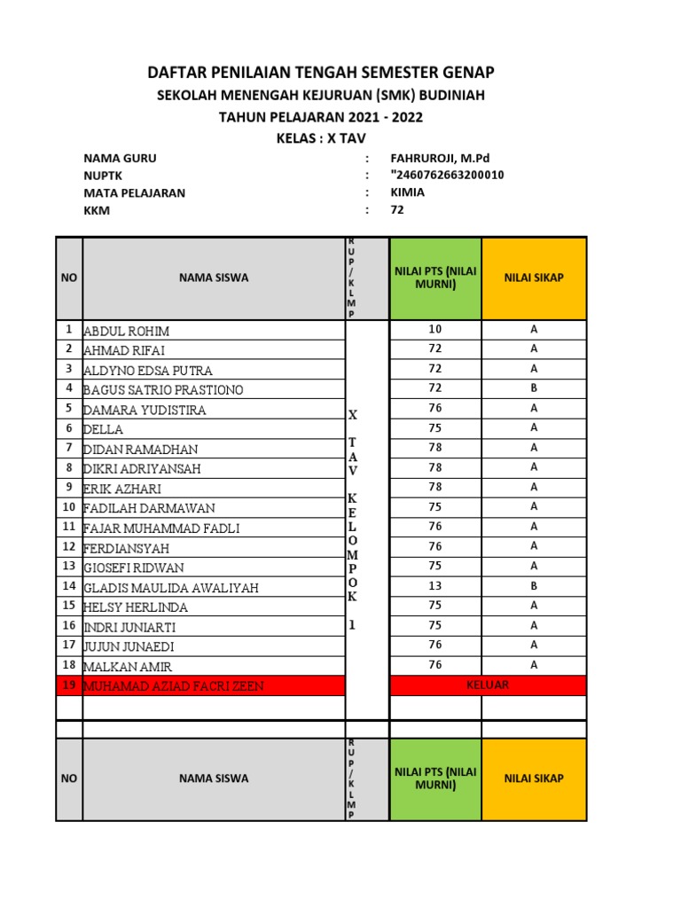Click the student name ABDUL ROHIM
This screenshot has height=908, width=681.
click(x=126, y=331)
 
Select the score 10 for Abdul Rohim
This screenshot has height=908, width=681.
click(x=434, y=329)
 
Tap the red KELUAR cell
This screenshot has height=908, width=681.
click(x=488, y=685)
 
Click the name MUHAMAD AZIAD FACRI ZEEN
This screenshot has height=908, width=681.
click(x=173, y=685)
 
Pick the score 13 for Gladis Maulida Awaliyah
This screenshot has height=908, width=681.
click(x=434, y=585)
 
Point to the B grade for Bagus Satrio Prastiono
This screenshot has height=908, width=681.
click(x=534, y=388)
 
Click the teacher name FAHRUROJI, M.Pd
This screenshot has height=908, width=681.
click(x=440, y=158)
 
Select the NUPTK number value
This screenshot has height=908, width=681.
click(x=447, y=175)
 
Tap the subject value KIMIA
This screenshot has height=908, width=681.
click(x=407, y=192)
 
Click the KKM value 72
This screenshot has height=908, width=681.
click(x=397, y=210)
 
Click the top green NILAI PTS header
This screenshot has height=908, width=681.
click(x=434, y=278)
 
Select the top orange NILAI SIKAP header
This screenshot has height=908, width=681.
click(x=534, y=278)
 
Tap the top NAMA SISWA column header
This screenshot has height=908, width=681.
click(x=214, y=278)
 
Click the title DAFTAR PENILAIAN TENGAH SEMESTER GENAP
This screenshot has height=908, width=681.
click(x=320, y=72)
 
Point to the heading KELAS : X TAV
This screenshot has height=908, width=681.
click(x=320, y=137)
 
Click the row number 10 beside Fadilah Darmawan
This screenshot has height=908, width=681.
click(x=68, y=507)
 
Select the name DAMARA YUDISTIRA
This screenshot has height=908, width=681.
click(x=145, y=410)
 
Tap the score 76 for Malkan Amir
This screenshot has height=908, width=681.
click(x=434, y=665)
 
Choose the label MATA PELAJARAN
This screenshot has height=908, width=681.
click(x=134, y=192)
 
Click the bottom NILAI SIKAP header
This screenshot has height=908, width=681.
click(x=534, y=779)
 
